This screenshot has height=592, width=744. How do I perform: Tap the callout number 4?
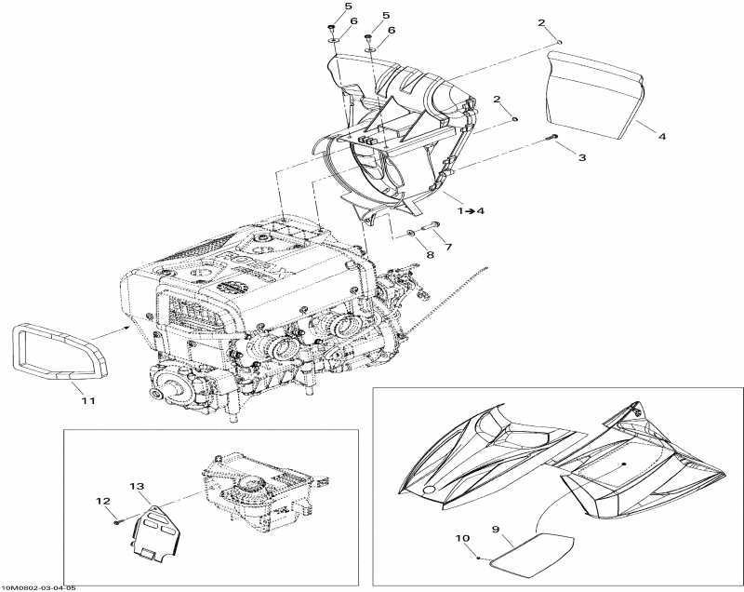[x=662, y=137]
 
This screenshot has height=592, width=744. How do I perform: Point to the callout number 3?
[x=582, y=158]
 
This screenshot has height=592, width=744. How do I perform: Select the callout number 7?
[x=448, y=247]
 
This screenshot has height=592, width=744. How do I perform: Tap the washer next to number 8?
[x=410, y=232]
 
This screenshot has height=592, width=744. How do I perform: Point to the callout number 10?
[x=461, y=538]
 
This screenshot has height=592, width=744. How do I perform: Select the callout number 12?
[x=103, y=501]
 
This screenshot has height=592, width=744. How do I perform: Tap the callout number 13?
[x=137, y=487]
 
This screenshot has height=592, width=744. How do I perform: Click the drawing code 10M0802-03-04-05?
[x=39, y=586]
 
